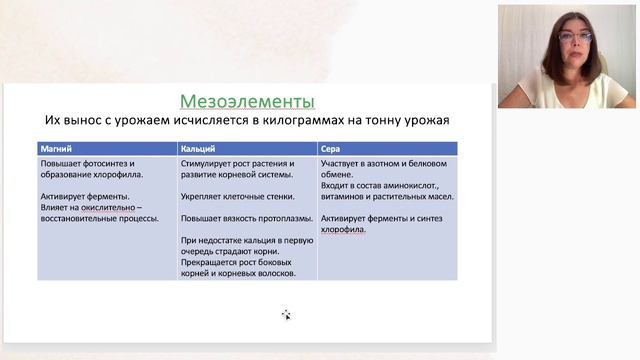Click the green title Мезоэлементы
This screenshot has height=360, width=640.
[x=247, y=101]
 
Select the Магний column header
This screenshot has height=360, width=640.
[x=55, y=147]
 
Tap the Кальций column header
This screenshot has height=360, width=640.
[x=198, y=147]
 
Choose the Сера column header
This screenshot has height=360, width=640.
[x=331, y=147]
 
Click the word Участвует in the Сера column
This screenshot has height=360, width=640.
[x=343, y=162]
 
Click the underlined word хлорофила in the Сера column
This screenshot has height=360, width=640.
[x=343, y=229]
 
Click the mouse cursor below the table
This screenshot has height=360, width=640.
[x=286, y=315]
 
